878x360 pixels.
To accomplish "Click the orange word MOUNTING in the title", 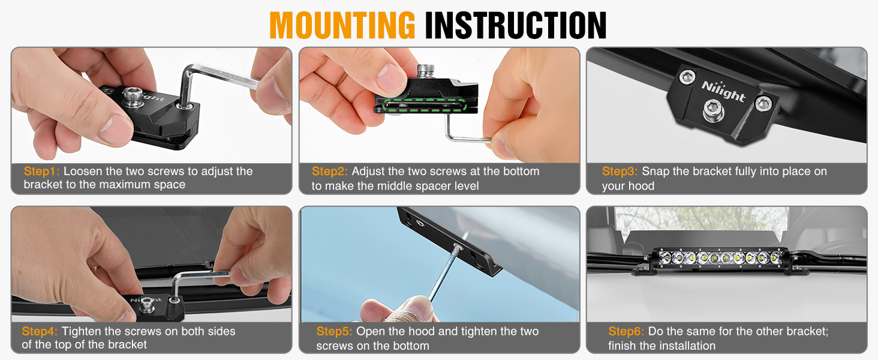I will [x=342, y=25].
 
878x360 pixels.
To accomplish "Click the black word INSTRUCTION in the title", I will [x=516, y=25].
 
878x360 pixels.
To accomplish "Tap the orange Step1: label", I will [x=42, y=172].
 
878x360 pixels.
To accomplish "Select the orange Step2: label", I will [x=330, y=172].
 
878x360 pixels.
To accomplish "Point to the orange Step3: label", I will [x=620, y=172].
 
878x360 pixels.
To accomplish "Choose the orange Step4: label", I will [x=40, y=331].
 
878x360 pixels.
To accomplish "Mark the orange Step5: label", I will [x=335, y=331].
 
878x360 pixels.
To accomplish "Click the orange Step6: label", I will [x=627, y=331].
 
